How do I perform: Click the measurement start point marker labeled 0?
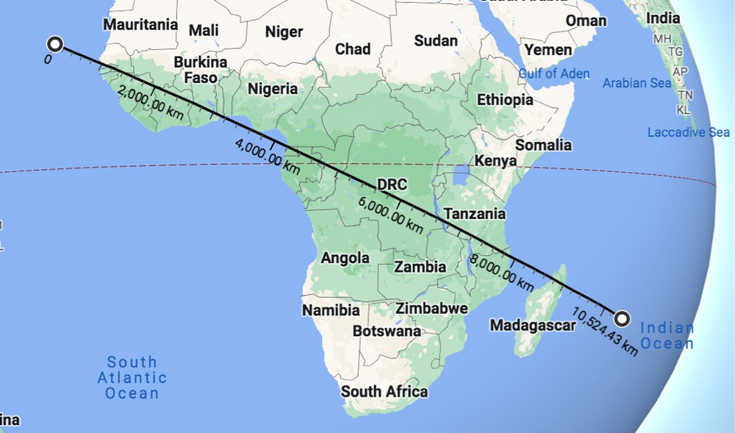pos(54,43)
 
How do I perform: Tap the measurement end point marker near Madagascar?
pos(622,318)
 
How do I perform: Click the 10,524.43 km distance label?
pos(602,332)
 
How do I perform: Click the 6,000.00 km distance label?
pos(390,212)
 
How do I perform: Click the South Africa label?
pos(384,391)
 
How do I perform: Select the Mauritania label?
pos(140,24)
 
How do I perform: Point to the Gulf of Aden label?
pos(553,74)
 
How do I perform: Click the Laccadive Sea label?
pos(688,132)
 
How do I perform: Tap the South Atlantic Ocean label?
pos(132,378)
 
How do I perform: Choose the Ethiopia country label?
pos(505,99)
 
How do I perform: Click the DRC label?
pos(390,183)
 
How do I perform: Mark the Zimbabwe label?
pos(431,309)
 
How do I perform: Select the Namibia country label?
pos(331,310)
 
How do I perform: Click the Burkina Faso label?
pos(201,70)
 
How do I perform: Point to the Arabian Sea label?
pos(637,83)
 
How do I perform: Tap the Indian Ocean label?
pos(667,336)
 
